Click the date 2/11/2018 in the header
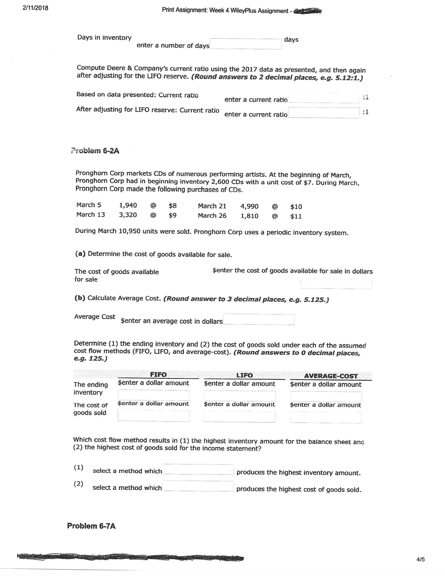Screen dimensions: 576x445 tap(35, 8)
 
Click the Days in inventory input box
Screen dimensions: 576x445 tap(246, 44)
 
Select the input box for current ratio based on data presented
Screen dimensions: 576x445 tap(324, 98)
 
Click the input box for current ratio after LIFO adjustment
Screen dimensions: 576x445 tap(324, 113)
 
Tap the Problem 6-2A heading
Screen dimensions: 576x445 tap(95, 151)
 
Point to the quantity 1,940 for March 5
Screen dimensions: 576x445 tap(128, 205)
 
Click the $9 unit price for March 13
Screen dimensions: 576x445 tap(173, 215)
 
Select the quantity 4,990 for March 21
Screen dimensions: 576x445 tap(249, 206)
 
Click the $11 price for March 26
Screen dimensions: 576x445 tap(296, 216)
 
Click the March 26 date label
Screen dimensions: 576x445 tap(212, 215)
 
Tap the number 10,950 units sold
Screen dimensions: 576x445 tap(129, 231)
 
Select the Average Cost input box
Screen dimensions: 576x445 tap(259, 320)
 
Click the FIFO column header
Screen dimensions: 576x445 tap(158, 374)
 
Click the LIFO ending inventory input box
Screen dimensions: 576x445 tap(240, 396)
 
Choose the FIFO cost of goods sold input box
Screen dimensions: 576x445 tap(153, 416)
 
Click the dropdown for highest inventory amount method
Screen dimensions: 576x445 tap(198, 470)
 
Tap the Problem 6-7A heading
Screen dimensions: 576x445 tap(91, 526)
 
